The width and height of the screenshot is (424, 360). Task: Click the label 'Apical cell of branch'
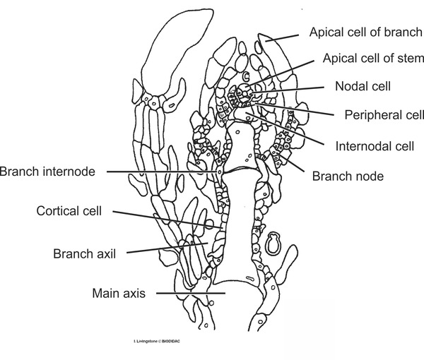366,32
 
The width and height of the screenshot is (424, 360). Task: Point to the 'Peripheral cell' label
384,114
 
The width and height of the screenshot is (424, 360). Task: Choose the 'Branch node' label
348,176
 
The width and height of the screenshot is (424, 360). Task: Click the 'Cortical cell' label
69,210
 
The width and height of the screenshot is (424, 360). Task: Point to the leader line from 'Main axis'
191,292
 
